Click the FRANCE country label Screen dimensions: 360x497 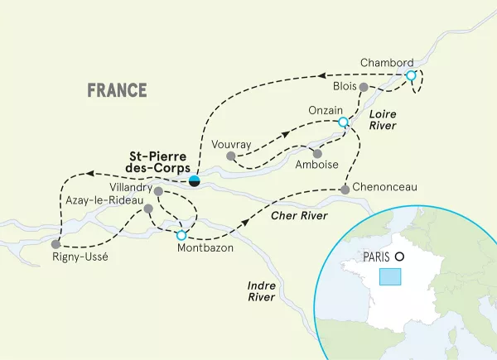coord(117,90)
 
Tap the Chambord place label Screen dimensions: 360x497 coord(387,63)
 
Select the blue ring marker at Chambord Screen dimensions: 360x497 coord(411,76)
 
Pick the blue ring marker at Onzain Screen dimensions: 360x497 coord(343,122)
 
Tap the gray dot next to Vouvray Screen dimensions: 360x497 coord(231,155)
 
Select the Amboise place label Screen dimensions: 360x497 coord(316,166)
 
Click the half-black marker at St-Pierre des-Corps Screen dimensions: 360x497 coord(194,181)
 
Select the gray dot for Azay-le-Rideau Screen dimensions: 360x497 coord(148,209)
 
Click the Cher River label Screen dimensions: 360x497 coord(296,216)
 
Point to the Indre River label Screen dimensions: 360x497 coord(262,292)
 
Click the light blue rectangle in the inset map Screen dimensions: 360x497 coord(389,276)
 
